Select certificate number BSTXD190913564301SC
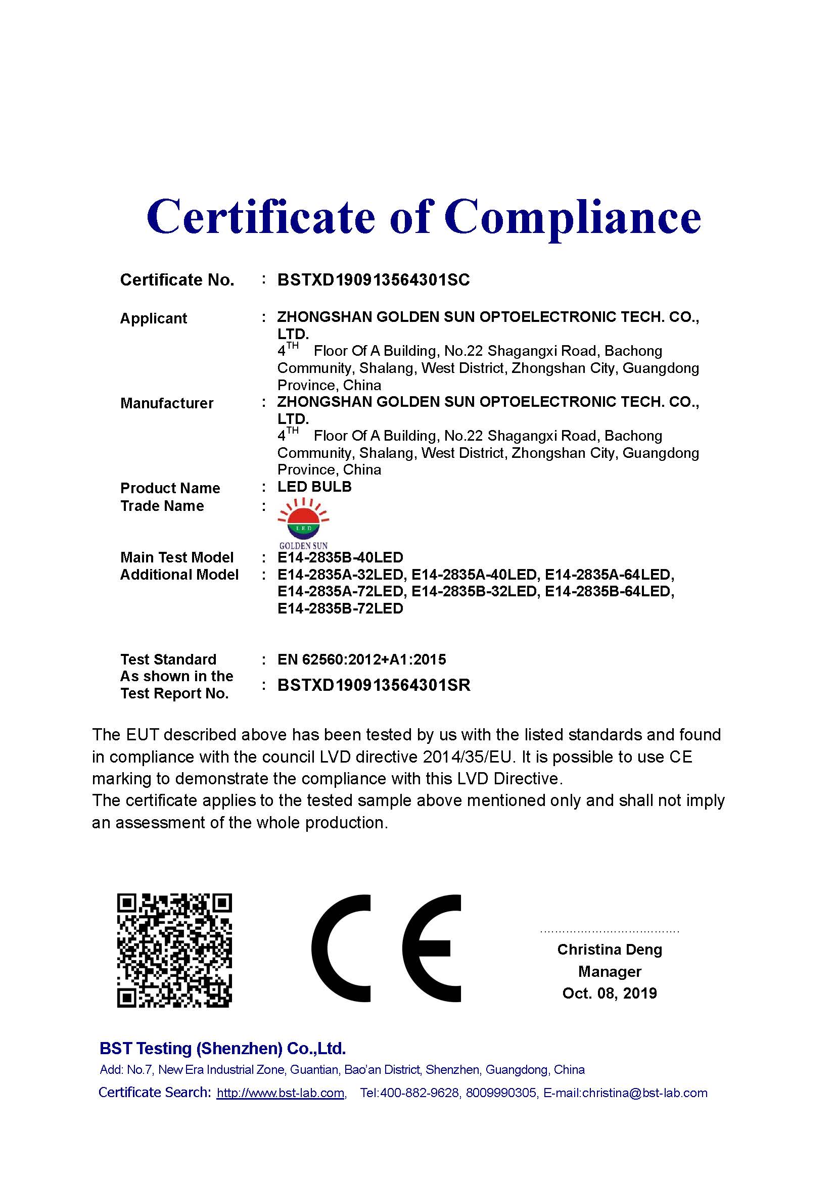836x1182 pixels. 373,280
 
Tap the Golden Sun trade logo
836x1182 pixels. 303,523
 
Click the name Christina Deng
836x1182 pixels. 610,950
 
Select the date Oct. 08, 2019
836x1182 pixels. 610,993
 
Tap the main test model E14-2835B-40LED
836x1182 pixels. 340,557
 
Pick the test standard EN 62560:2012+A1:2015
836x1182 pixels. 361,659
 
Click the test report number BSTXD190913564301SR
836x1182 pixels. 374,686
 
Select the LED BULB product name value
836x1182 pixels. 314,487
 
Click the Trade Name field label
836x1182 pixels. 162,506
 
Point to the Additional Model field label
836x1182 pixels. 179,575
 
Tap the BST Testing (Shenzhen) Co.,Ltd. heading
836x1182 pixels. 222,1049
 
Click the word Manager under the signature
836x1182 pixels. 610,971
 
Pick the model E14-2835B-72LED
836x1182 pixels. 340,608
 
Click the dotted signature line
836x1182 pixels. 610,931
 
